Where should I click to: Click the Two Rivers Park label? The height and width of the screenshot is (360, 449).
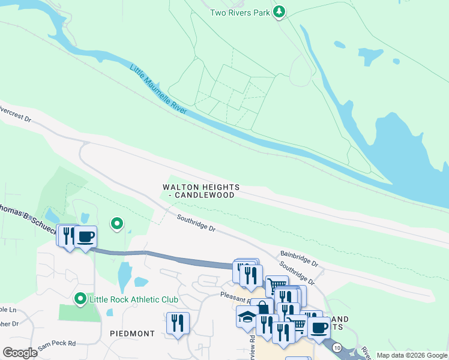tap(240, 13)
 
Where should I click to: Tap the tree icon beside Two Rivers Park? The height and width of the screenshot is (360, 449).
tap(279, 12)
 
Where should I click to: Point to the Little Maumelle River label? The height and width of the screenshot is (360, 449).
tap(159, 89)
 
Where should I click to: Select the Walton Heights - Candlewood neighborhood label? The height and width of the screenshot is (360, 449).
tap(201, 191)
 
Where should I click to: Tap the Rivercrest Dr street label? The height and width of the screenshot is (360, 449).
tap(15, 114)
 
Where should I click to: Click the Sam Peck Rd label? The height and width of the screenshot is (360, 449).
tap(56, 343)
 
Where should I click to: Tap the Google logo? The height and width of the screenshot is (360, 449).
tap(20, 353)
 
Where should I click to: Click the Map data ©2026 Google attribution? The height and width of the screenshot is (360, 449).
tap(412, 355)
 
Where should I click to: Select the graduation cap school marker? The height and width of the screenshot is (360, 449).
tap(247, 317)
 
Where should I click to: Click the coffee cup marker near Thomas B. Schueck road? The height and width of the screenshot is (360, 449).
tap(85, 236)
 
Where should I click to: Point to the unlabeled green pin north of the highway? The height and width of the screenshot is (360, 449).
tap(118, 224)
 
